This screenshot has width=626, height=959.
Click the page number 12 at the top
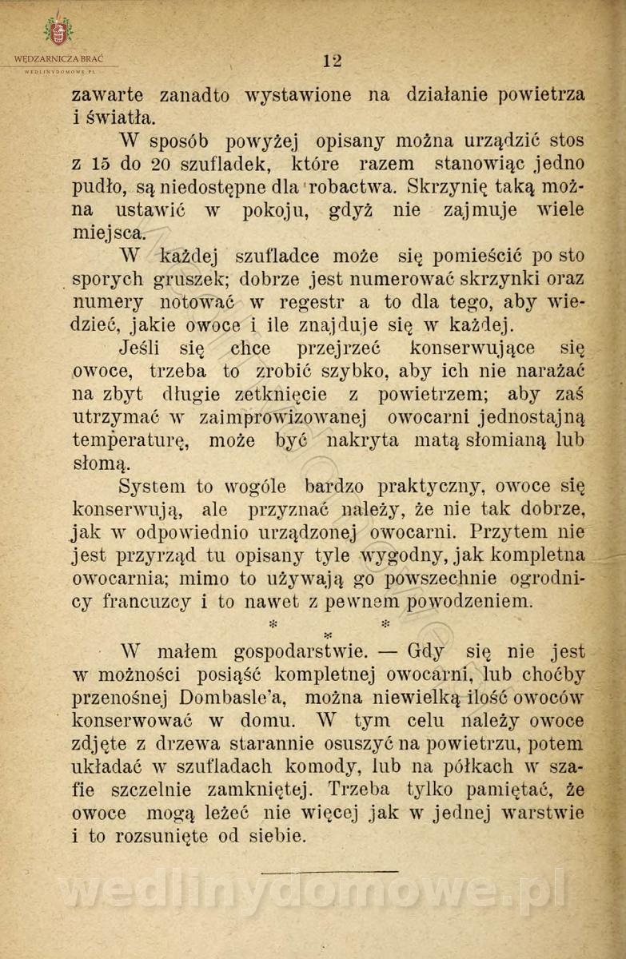click(x=333, y=61)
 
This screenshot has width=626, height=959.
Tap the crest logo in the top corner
click(x=58, y=30)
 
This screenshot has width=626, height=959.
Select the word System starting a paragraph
click(x=151, y=486)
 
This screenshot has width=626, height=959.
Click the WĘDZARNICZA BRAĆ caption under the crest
click(x=58, y=58)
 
